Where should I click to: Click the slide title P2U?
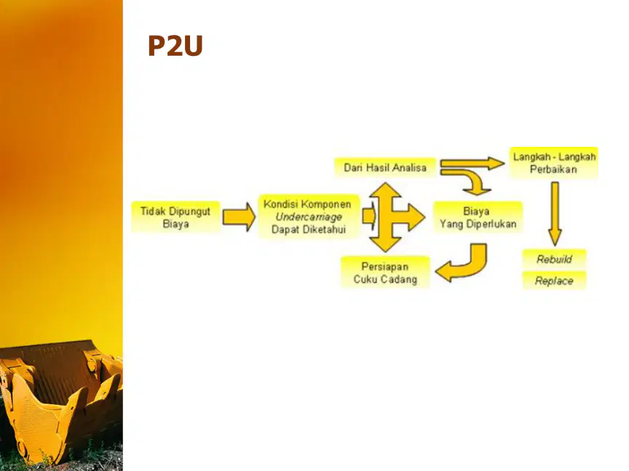(175, 45)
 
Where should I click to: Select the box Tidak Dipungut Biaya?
(175, 217)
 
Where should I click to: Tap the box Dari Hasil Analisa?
(385, 167)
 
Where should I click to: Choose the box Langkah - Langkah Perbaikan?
(554, 163)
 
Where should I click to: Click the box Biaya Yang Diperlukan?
(478, 217)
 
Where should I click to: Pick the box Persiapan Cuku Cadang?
(385, 273)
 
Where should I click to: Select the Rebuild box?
(554, 259)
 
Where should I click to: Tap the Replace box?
(554, 281)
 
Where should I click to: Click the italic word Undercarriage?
(309, 217)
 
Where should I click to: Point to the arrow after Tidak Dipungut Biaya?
(239, 217)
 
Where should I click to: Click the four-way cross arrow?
(393, 217)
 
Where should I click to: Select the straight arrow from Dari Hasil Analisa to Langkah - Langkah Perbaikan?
(472, 163)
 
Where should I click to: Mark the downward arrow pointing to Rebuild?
(555, 214)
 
